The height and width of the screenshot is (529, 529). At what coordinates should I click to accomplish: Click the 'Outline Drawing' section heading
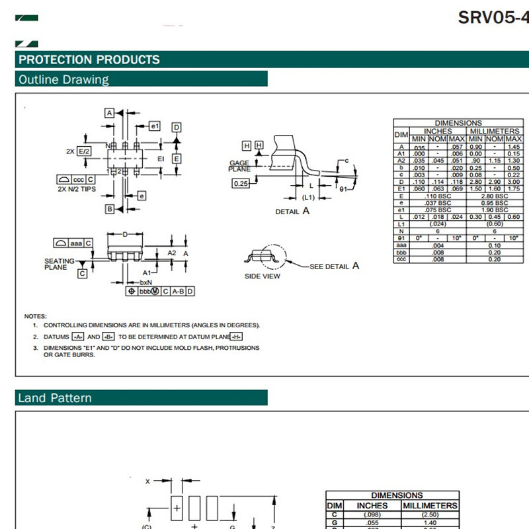(63, 80)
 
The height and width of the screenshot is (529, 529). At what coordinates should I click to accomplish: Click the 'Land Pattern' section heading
(55, 398)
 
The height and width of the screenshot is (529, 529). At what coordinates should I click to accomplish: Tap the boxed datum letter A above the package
(110, 113)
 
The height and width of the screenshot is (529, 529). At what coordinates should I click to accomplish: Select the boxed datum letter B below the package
(110, 209)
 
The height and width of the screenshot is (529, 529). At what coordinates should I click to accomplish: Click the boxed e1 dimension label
(154, 126)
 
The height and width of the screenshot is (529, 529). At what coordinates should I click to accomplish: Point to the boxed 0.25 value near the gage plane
(241, 184)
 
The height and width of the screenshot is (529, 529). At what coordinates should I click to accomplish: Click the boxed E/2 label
(84, 151)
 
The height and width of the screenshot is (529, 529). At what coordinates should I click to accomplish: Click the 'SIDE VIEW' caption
(263, 276)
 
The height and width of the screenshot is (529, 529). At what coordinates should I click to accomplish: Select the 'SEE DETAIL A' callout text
(334, 266)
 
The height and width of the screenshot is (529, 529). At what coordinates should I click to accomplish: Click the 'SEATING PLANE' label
(60, 264)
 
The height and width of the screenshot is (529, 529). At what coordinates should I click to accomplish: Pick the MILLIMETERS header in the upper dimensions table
(495, 131)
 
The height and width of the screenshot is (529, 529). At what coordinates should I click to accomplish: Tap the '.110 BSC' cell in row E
(438, 196)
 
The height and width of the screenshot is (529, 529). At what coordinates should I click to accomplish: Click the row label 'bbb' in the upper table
(401, 252)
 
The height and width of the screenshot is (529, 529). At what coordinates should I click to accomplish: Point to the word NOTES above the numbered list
(35, 316)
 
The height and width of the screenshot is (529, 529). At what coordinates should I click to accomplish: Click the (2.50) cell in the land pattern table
(430, 514)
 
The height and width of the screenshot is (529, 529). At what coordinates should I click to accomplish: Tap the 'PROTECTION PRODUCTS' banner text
(89, 60)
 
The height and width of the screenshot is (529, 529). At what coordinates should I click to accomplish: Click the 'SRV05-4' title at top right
(493, 17)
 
